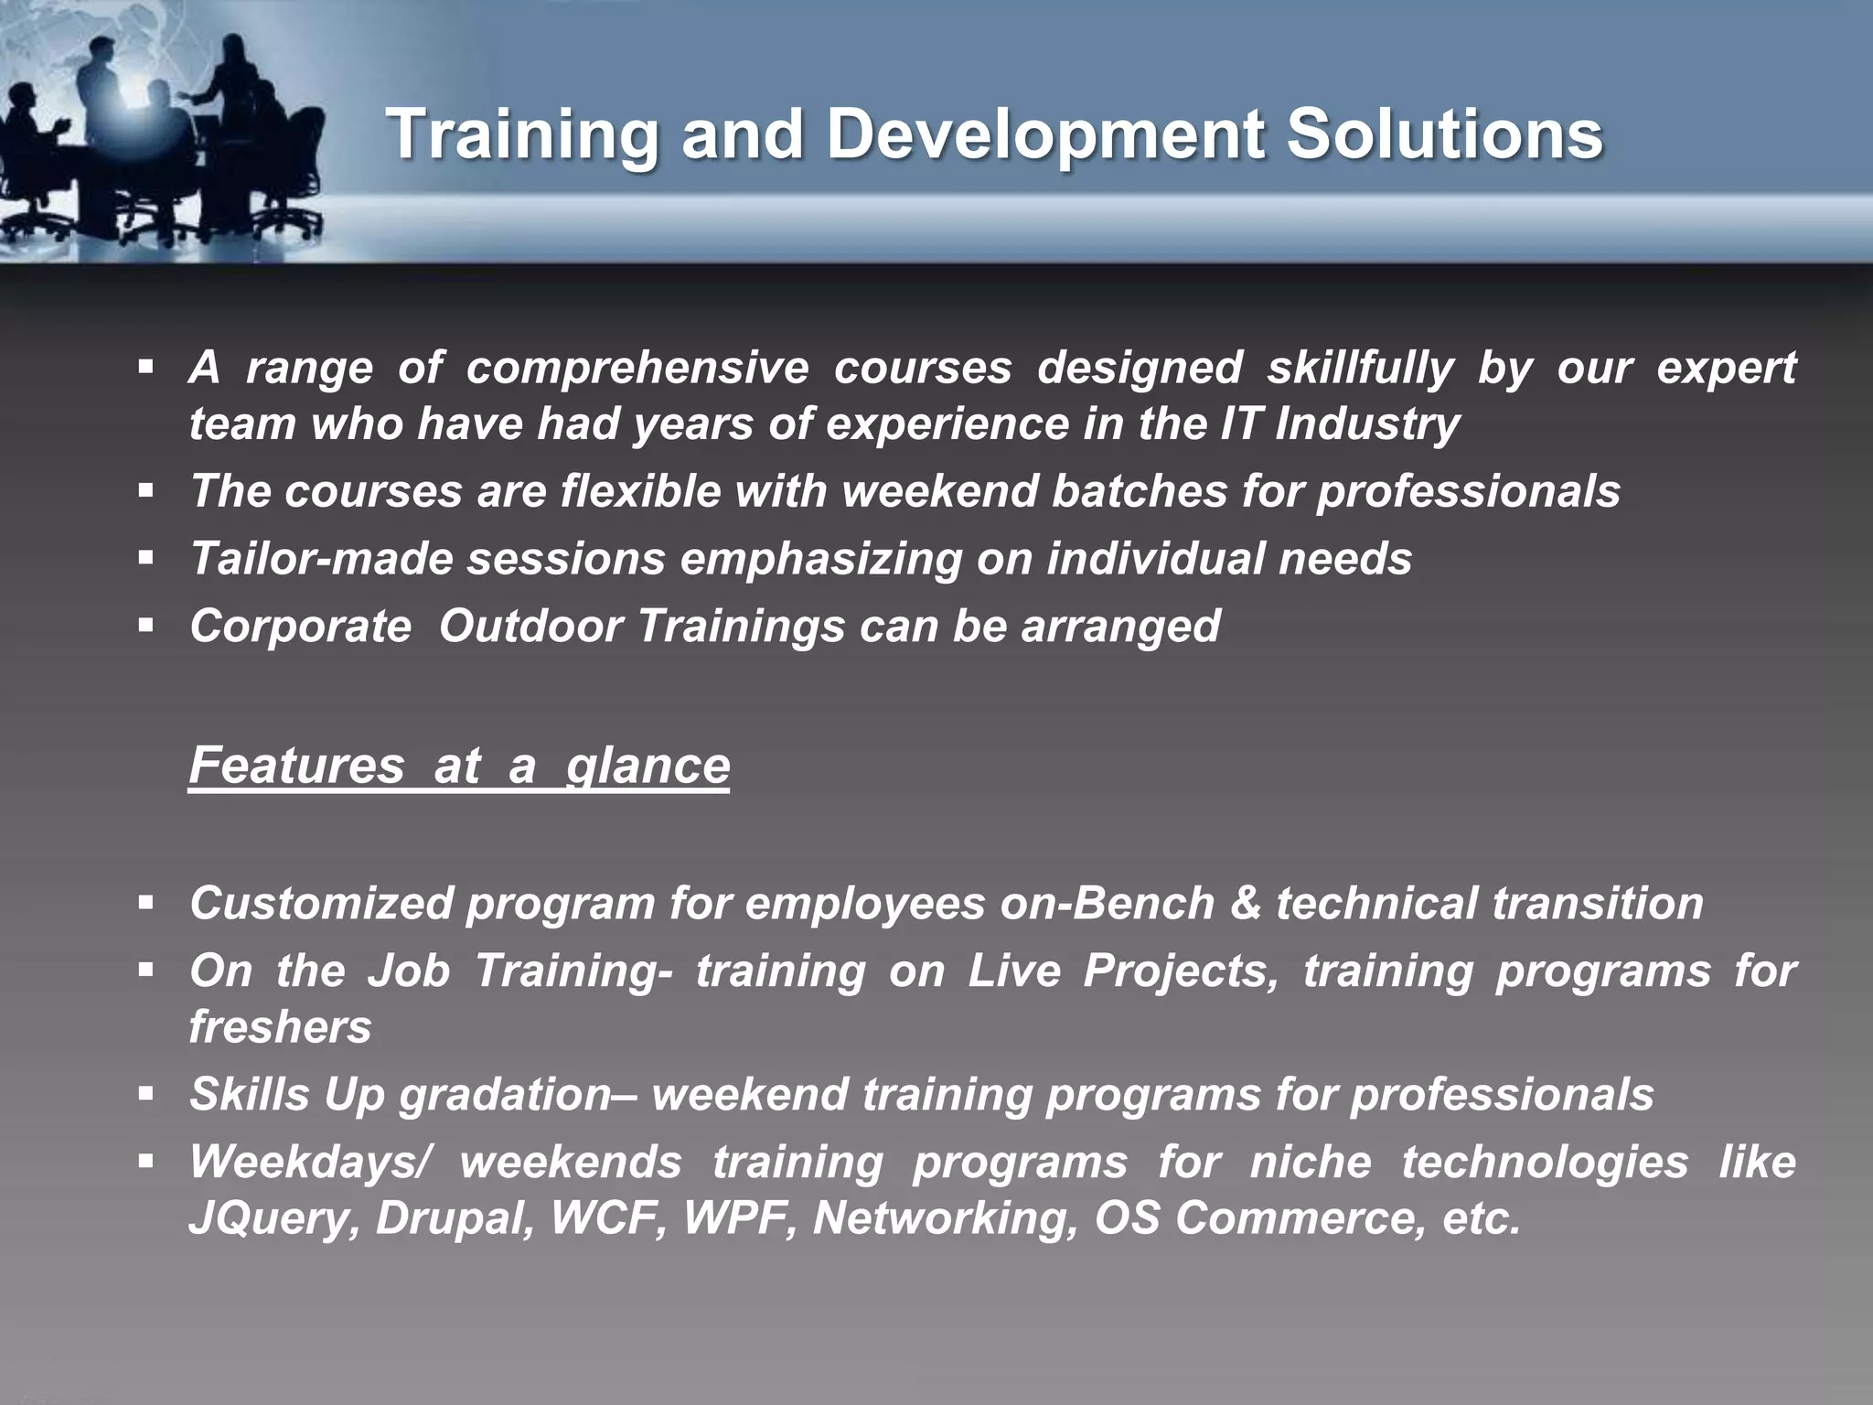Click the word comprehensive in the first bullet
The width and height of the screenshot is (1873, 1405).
click(x=637, y=368)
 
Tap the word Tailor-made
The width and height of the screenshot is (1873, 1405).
click(x=321, y=558)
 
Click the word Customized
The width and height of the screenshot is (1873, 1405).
click(x=321, y=903)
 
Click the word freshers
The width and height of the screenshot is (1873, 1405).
click(x=280, y=1026)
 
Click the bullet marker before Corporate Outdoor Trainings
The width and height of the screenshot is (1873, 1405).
click(x=146, y=626)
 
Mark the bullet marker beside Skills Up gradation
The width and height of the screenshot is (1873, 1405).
click(x=146, y=1093)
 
